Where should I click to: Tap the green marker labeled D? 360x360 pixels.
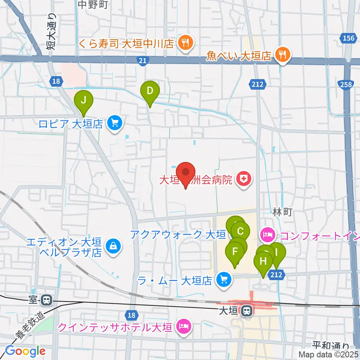coord(150,91)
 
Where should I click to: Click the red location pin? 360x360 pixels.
coord(186,172)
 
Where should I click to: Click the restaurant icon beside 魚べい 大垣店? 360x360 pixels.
coord(282,55)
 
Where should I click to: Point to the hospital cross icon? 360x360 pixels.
coord(244,179)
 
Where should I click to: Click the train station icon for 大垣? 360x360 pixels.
coord(246,310)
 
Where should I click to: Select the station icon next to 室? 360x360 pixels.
coord(46,300)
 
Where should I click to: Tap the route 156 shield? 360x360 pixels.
coord(348,38)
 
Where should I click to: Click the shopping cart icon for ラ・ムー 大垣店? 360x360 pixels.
coord(225,279)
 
